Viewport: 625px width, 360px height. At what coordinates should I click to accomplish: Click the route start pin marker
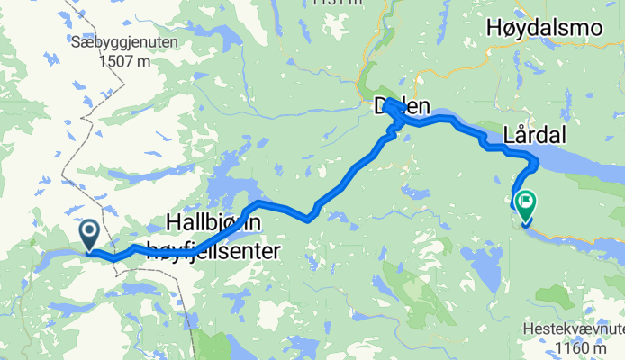click(x=90, y=236)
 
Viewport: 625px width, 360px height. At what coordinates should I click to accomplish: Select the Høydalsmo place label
click(x=543, y=29)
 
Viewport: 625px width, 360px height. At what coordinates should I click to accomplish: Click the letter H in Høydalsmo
click(x=494, y=29)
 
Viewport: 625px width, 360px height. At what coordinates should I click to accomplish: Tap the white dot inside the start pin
click(x=90, y=232)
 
